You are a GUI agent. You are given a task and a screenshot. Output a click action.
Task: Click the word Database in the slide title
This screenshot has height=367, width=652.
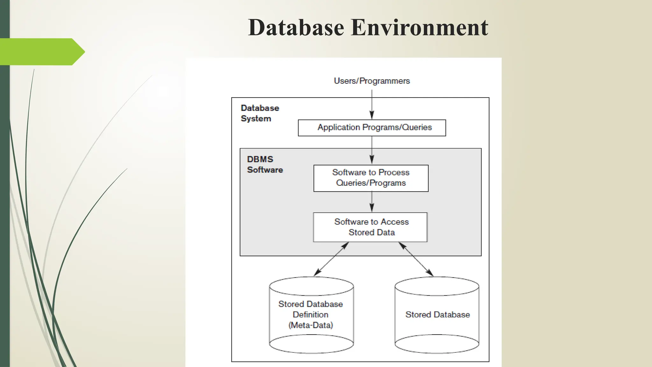[296, 27]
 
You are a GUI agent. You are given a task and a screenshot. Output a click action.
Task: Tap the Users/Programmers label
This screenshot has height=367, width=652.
[372, 81]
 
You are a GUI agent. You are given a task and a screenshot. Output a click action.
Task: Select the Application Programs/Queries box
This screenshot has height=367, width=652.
[372, 128]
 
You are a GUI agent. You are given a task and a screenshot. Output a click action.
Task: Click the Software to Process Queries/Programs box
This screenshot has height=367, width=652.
[371, 178]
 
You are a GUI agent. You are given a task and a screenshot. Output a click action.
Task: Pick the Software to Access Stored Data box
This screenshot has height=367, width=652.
[370, 227]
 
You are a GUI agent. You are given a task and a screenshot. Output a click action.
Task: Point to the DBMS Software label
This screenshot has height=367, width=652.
[265, 164]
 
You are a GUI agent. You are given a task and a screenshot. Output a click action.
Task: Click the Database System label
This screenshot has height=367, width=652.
[259, 113]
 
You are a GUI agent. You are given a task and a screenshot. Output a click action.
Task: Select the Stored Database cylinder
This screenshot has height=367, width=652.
[437, 315]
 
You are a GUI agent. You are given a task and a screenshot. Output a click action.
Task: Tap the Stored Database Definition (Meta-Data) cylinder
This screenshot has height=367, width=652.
[311, 315]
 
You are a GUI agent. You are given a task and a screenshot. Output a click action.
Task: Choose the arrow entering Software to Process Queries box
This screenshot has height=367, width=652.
[372, 150]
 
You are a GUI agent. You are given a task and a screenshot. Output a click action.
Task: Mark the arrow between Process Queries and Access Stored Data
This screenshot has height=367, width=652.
[372, 202]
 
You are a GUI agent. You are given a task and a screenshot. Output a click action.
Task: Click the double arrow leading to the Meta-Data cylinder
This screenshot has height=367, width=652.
[331, 259]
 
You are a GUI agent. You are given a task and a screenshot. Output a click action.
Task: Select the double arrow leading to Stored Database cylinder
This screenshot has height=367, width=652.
[416, 259]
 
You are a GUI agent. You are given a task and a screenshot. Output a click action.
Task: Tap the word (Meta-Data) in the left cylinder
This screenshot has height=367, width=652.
[311, 325]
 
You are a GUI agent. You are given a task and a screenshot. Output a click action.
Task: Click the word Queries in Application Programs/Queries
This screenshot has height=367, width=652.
[417, 127]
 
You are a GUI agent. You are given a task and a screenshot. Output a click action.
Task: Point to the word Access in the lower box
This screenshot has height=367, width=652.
[394, 222]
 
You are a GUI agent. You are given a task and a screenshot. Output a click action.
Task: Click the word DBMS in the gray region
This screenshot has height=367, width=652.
[260, 159]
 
